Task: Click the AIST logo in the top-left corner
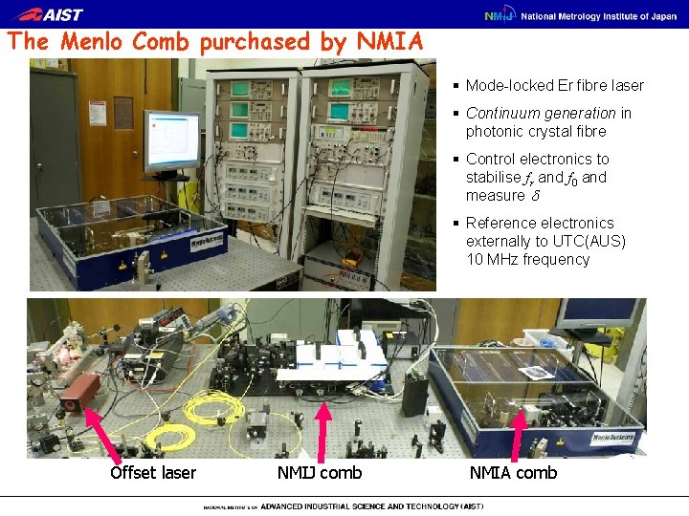click(x=51, y=14)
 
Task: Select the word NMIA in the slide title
click(x=389, y=42)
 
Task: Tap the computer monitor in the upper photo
click(x=172, y=140)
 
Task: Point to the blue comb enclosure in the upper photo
click(x=134, y=244)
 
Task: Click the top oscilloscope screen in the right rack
click(x=341, y=89)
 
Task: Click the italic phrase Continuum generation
click(x=541, y=114)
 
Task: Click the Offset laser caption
click(x=153, y=473)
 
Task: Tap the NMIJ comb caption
click(x=320, y=473)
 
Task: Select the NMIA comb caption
click(x=513, y=473)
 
